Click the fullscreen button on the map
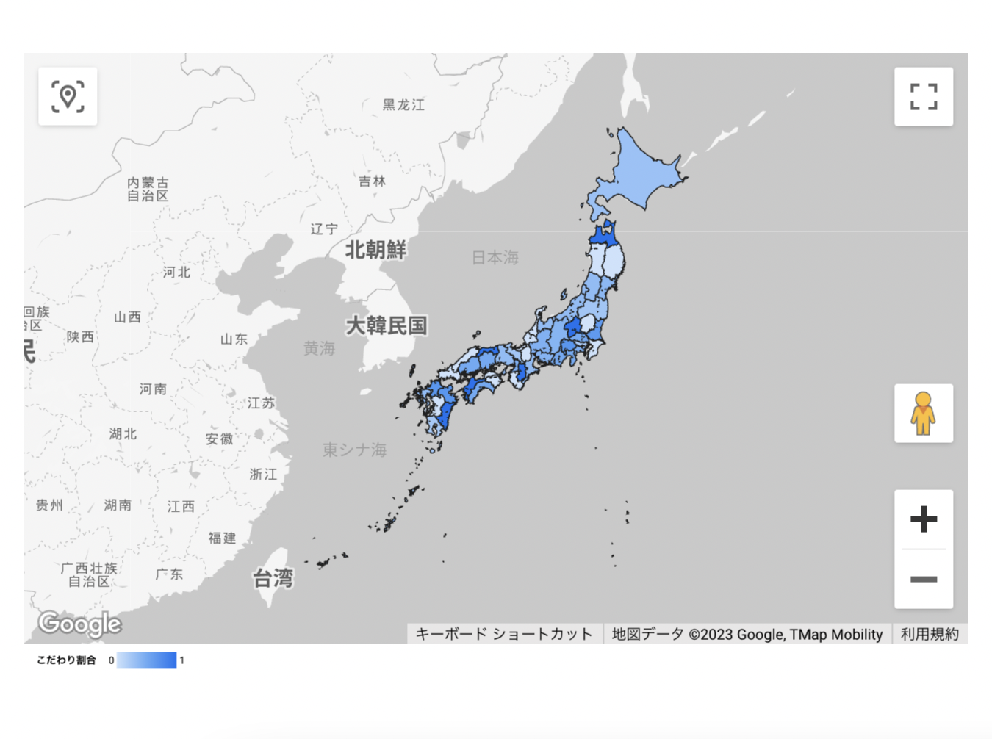(x=924, y=96)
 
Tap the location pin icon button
(x=68, y=96)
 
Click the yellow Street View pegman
(x=923, y=413)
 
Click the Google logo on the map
(x=79, y=624)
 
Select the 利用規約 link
(x=930, y=634)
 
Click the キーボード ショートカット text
(x=504, y=634)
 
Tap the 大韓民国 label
(x=386, y=325)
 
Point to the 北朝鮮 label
(x=375, y=250)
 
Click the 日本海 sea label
(x=495, y=257)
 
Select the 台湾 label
(x=273, y=579)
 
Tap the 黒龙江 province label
(x=403, y=105)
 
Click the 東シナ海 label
(x=354, y=450)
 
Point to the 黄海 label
(x=319, y=348)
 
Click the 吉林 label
(x=372, y=181)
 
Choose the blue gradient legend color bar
(x=146, y=660)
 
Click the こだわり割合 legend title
(x=66, y=660)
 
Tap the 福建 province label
(x=222, y=538)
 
